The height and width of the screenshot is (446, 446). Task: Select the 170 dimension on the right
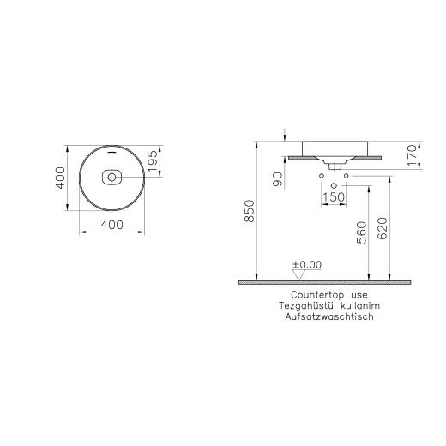click(411, 154)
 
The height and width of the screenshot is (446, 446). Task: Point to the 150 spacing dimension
click(333, 199)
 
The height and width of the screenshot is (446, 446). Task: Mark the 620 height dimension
click(384, 230)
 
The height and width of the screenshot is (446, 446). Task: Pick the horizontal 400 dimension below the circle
click(111, 225)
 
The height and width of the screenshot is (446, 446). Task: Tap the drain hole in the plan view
click(111, 178)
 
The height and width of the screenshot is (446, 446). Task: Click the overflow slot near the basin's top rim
click(111, 154)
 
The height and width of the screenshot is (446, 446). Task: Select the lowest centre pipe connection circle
click(333, 185)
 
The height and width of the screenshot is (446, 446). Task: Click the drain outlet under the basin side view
click(333, 162)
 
